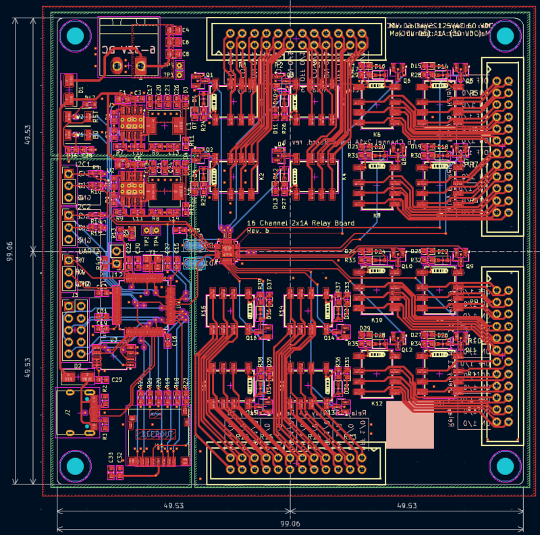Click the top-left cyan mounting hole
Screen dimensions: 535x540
coord(76,36)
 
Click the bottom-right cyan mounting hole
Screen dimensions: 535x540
coord(505,466)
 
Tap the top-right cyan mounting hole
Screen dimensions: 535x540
coord(505,36)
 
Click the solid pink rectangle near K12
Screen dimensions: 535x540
coord(410,424)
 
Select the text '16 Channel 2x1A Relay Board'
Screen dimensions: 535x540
coord(300,223)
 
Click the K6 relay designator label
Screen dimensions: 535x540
coord(377,135)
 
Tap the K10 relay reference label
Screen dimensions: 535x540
coord(377,320)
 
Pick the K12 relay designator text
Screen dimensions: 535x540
coord(377,403)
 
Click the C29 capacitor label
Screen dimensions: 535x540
coord(117,380)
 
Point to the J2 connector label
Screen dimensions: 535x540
coord(67,412)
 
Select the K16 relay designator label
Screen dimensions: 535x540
coord(203,311)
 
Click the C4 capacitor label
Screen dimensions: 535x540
coord(186,30)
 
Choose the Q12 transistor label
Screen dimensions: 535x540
coord(406,350)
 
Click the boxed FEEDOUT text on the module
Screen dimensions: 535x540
coord(155,434)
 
